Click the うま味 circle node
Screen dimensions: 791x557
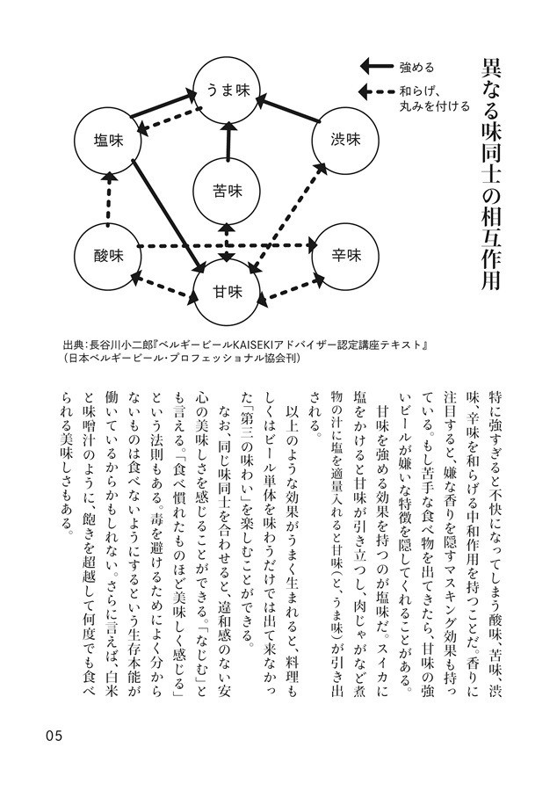[228, 88]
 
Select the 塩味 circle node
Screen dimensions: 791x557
[111, 139]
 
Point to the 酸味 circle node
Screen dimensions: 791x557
[111, 256]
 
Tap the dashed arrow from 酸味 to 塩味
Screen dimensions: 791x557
[110, 197]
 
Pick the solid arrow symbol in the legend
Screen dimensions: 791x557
[375, 65]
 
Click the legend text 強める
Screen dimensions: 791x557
[416, 66]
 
